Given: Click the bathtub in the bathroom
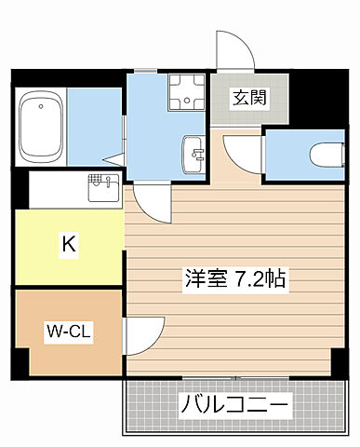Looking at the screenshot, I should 40,125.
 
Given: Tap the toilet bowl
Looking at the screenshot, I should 322,152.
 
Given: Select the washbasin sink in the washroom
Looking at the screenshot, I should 194,152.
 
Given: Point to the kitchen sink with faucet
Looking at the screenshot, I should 100,190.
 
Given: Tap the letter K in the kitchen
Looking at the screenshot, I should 68,245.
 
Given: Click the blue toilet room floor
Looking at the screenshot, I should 288,154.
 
